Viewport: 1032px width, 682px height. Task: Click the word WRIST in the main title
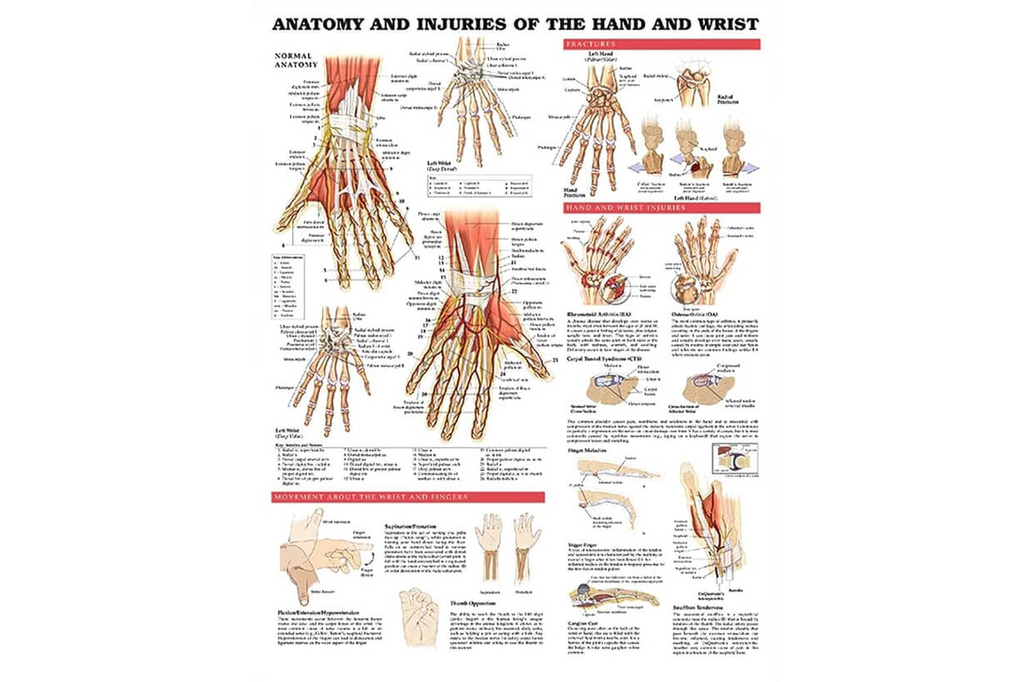(724, 24)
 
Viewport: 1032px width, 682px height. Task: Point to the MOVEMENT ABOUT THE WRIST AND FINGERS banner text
(370, 497)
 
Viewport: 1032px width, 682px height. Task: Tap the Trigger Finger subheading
(583, 546)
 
